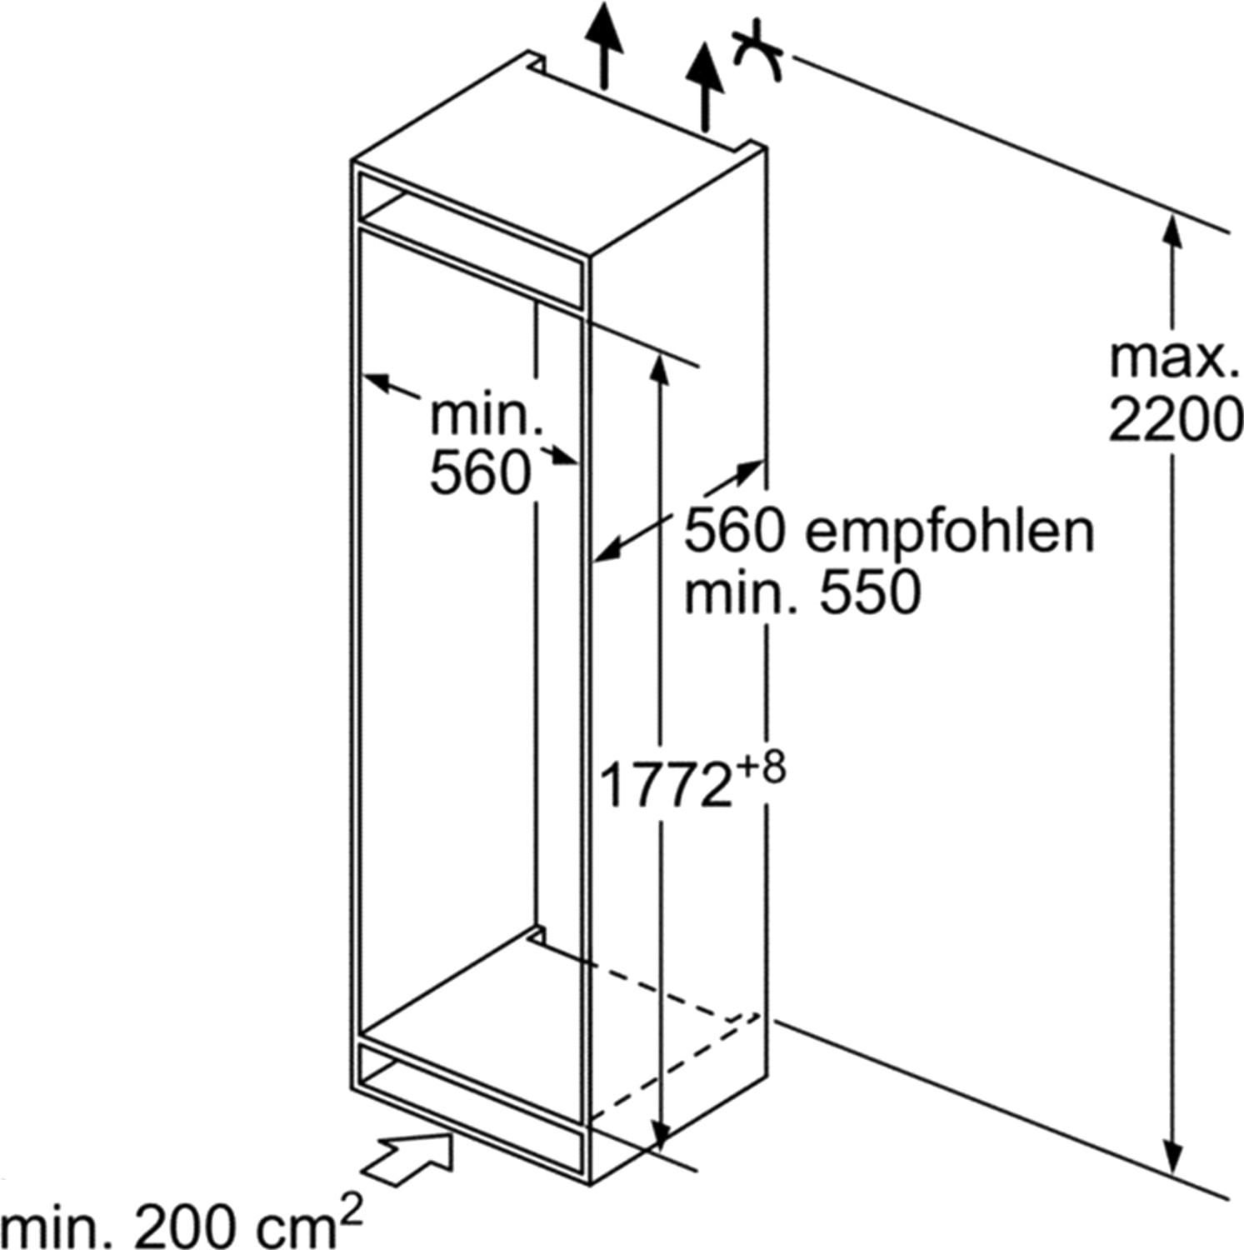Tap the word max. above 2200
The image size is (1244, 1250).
1170,358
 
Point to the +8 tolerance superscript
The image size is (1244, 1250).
759,769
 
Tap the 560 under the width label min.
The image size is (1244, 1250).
480,474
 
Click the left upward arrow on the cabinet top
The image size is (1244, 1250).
603,37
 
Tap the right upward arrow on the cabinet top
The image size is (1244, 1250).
707,75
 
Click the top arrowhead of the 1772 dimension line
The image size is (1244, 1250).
659,368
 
